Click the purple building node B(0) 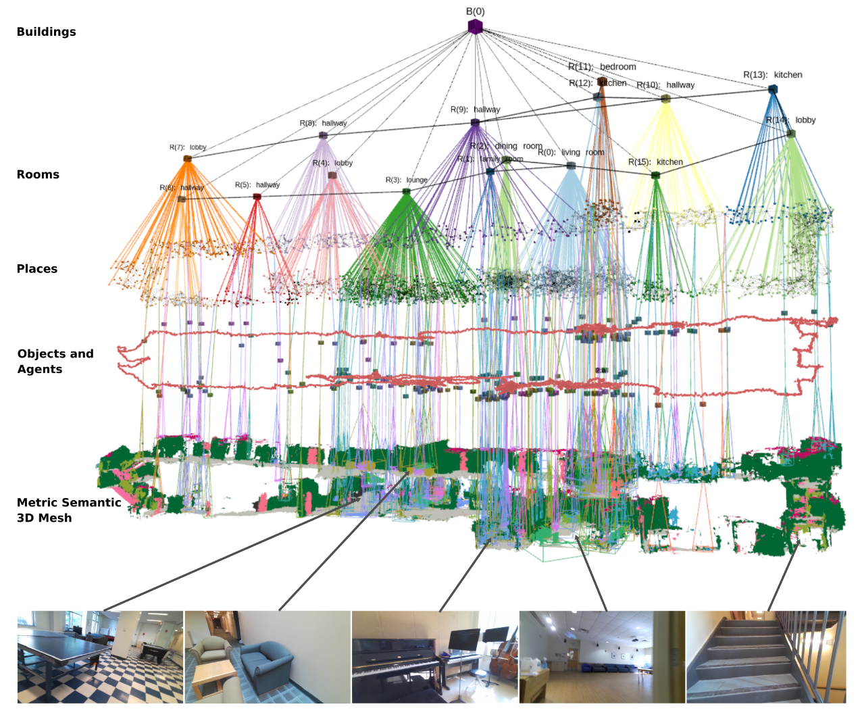(475, 27)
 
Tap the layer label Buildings (46, 32)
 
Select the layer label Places (37, 269)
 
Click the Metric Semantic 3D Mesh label (68, 510)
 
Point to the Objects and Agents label (55, 362)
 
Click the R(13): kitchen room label (773, 75)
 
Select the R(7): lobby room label (188, 147)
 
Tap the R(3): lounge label (407, 180)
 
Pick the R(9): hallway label (476, 109)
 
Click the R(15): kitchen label (655, 162)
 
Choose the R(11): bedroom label (602, 67)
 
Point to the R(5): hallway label (257, 185)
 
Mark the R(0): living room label (571, 153)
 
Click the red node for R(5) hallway (257, 197)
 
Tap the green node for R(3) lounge (406, 192)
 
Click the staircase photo (766, 657)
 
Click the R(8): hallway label (323, 123)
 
